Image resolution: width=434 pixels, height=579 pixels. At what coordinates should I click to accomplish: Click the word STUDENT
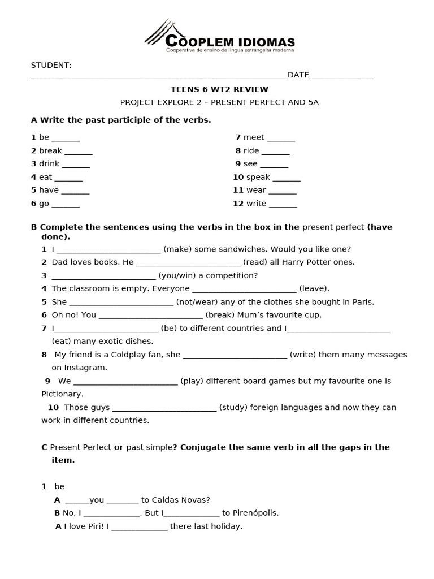click(x=51, y=65)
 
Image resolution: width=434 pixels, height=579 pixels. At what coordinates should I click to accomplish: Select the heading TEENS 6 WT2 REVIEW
click(x=219, y=89)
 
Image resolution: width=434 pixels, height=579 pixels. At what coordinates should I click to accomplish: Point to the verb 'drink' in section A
click(x=49, y=164)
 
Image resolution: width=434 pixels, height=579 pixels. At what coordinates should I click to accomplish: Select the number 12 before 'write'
click(x=237, y=204)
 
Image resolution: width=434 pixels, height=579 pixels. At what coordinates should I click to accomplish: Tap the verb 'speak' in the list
click(x=258, y=177)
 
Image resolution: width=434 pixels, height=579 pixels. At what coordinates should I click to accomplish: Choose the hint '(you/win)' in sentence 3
click(x=177, y=275)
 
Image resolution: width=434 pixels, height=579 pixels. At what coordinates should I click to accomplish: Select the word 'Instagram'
click(x=85, y=368)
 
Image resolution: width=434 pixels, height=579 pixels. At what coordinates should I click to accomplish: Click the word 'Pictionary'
click(x=62, y=394)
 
